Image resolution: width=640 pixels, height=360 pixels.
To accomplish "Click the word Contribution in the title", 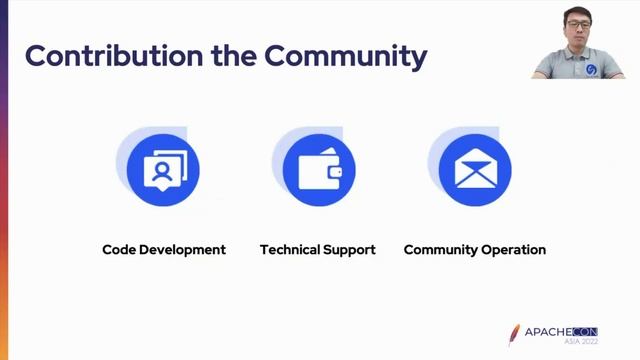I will pos(101,55).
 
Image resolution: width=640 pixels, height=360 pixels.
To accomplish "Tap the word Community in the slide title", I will pos(345,55).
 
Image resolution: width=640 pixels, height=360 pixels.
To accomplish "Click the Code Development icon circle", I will pos(163,170).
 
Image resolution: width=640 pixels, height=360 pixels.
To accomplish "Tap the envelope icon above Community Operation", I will pos(475,171).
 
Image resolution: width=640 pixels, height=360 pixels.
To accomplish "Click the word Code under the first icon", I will pos(120,249).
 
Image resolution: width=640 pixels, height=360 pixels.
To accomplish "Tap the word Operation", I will pos(514,249).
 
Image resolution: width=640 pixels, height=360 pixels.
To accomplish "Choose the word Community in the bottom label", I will pos(441,249).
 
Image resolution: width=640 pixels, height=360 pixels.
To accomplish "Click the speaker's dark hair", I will pos(585,11).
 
